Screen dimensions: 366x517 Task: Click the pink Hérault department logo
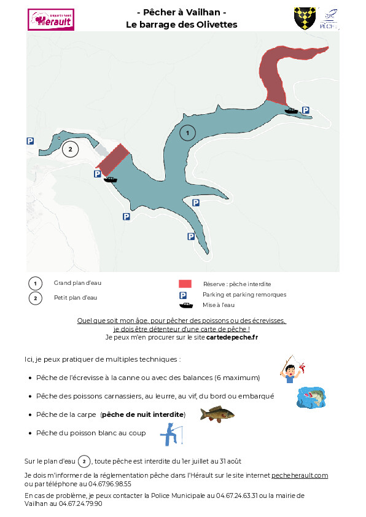51,20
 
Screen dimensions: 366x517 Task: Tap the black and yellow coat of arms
305,18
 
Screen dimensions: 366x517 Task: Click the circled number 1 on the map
188,133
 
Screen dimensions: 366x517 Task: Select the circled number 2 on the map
70,149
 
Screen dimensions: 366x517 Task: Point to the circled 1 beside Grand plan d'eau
35,284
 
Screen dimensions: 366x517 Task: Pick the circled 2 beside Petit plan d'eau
35,298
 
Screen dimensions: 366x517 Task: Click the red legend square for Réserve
185,284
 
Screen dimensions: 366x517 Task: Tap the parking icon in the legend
182,295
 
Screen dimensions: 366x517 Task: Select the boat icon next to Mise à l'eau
186,305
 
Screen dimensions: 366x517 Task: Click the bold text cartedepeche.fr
232,337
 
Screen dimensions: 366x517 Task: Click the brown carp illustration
217,414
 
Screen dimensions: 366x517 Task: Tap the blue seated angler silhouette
171,435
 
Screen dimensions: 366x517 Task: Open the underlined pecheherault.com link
300,475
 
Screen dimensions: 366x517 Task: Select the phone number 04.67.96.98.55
110,484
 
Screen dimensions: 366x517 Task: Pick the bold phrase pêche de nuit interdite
142,414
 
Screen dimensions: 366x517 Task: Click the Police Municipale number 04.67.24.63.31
237,496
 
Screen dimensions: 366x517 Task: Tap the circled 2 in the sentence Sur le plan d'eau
84,461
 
